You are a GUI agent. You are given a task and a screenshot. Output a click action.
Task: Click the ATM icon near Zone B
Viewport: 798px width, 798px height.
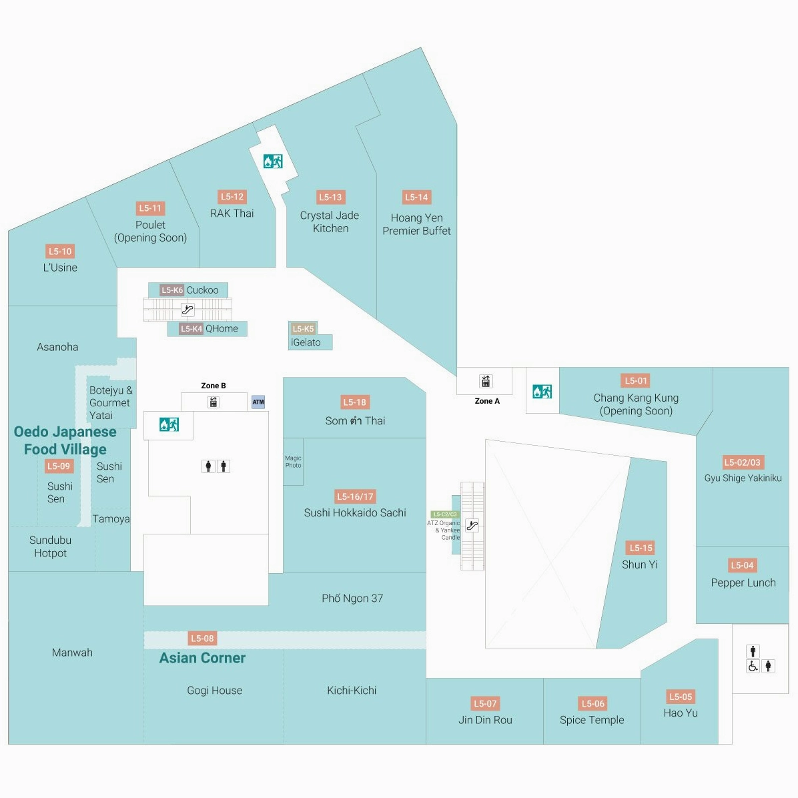(258, 402)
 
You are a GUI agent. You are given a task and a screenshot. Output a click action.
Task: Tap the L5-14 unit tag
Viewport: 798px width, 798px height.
(416, 197)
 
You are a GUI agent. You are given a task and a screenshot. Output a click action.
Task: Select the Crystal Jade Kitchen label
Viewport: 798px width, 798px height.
(330, 222)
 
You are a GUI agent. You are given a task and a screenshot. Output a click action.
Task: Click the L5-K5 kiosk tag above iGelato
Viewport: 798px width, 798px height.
(303, 328)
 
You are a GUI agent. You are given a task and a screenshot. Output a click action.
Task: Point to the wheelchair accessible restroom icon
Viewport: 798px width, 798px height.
(753, 666)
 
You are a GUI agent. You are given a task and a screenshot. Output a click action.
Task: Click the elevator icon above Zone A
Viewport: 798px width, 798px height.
(485, 381)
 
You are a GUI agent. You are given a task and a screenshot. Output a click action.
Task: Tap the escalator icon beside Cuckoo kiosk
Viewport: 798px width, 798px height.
(187, 310)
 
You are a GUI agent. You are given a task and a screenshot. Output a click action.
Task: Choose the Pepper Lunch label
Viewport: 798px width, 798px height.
(743, 582)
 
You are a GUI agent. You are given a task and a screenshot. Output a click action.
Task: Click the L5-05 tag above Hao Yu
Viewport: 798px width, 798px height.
(681, 697)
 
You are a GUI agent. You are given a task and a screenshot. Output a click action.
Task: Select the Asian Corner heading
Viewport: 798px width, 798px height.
(202, 658)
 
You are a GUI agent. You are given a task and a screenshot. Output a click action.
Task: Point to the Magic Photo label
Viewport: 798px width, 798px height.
(293, 462)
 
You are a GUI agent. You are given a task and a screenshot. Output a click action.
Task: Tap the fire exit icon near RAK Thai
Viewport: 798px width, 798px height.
(272, 161)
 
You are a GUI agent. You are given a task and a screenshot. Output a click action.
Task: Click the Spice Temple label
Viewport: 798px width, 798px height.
(592, 720)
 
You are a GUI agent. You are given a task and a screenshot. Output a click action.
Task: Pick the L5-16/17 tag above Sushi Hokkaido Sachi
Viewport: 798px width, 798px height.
(355, 496)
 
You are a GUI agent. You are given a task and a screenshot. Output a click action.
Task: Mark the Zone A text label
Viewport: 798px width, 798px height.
(487, 401)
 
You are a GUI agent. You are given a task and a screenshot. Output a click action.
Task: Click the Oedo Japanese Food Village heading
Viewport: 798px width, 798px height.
(65, 440)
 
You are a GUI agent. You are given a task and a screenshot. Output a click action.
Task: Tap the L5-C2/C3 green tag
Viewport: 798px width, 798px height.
(445, 514)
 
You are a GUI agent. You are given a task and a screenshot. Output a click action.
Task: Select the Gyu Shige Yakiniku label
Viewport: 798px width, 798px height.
(743, 478)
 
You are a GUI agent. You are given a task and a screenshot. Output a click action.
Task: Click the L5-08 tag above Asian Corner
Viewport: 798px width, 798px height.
(202, 639)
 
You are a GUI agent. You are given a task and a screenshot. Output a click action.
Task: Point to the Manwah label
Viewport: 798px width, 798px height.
(72, 653)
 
